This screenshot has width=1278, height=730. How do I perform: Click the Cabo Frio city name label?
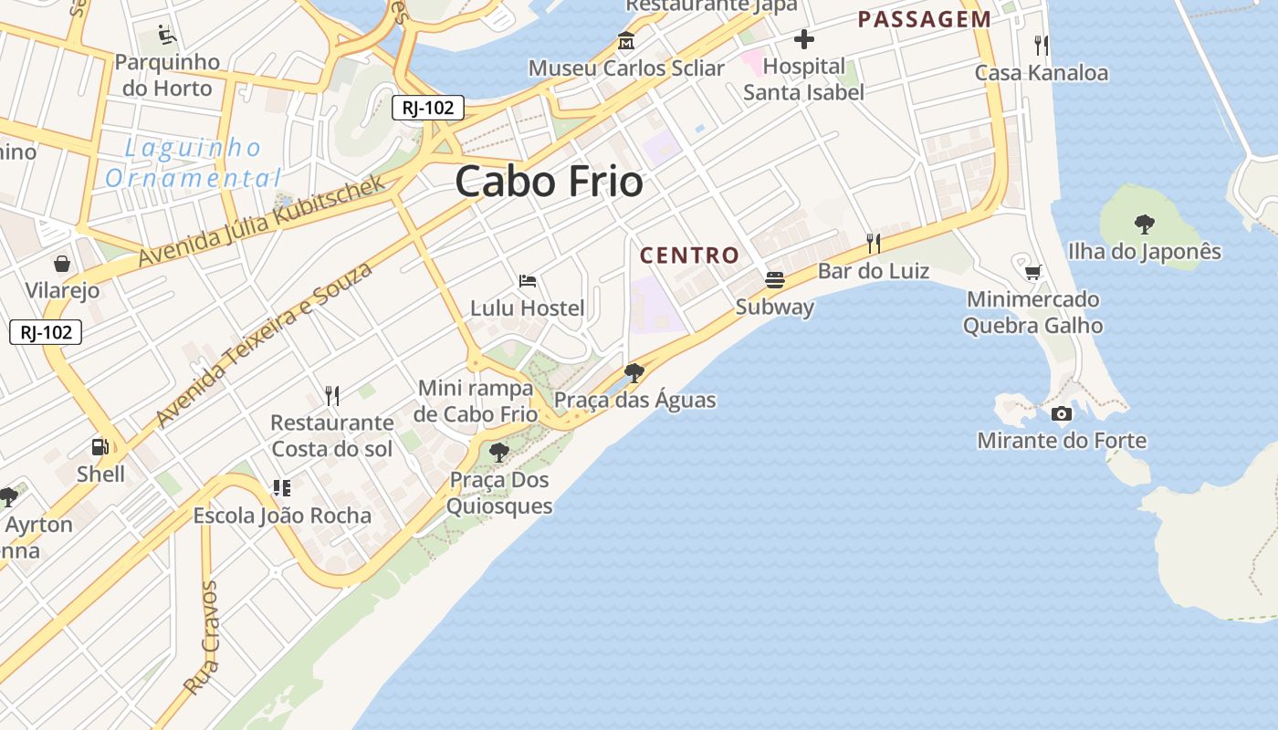coord(549,182)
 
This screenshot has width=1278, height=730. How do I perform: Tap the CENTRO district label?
coord(689,255)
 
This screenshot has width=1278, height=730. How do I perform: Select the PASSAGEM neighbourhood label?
coord(924,19)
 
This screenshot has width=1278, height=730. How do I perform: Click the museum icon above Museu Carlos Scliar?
coord(626,41)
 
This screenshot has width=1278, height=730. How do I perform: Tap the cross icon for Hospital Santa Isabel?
coord(803,39)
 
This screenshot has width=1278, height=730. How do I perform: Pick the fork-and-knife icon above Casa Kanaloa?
coord(1041,45)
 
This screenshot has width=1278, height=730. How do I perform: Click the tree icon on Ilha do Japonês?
coord(1144,224)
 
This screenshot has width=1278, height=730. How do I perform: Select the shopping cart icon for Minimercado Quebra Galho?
coord(1032,272)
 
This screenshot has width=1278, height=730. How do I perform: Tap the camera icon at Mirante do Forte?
coord(1061,413)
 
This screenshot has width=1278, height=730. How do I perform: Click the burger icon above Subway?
coord(775,279)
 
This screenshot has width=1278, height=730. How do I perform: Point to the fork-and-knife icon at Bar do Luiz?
coord(874,243)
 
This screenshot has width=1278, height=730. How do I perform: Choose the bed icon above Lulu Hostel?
coord(527,280)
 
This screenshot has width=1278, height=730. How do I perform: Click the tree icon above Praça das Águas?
coord(634,372)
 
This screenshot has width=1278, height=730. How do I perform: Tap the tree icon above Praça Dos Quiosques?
coord(498,452)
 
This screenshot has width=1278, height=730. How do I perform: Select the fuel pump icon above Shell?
coord(100,446)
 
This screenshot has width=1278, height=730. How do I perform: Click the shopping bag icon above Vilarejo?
coord(61,264)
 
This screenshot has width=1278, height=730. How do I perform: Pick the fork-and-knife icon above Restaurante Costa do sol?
coord(332,395)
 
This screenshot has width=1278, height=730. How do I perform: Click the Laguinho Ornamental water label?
coord(193,162)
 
